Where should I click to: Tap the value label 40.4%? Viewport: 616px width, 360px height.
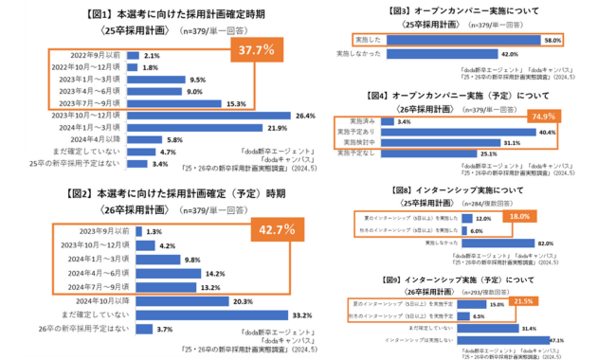point(492,132)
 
